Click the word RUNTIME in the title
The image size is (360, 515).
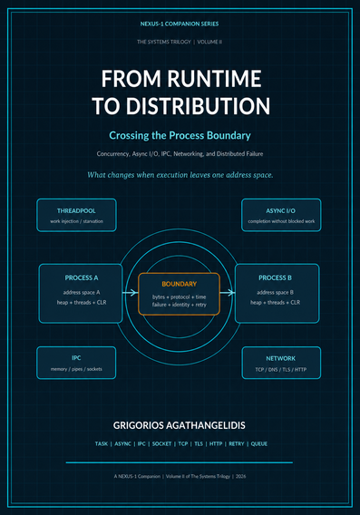[x=215, y=79]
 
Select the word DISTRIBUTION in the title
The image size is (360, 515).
[x=199, y=106]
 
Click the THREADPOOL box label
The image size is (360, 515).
[x=76, y=211]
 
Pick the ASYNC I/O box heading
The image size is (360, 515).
[x=281, y=211]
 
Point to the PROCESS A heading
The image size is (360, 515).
[x=82, y=277]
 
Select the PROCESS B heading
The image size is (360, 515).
[x=275, y=277]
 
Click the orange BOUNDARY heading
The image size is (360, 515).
[x=179, y=284]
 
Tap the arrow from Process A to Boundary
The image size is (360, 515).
[x=131, y=292]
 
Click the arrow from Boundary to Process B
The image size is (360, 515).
[x=228, y=292]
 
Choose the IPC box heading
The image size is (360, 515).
[x=76, y=357]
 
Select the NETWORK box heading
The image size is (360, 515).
[x=281, y=358]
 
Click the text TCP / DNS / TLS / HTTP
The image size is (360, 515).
[x=281, y=370]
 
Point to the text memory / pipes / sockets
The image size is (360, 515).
[x=76, y=369]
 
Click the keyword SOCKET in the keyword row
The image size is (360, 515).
[x=161, y=443]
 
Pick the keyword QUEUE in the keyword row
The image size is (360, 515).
[x=259, y=443]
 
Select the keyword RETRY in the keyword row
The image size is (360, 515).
[x=237, y=443]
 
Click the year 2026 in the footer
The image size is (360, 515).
[x=241, y=476]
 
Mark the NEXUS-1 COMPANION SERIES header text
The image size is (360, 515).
[x=180, y=24]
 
